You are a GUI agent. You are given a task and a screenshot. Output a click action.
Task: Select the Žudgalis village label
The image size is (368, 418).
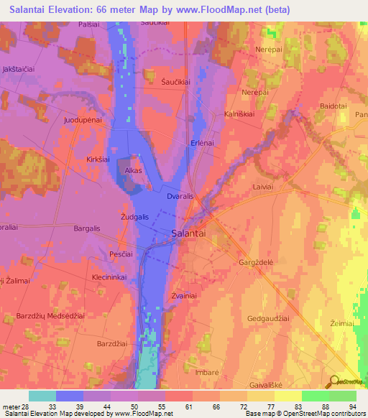click(x=134, y=217)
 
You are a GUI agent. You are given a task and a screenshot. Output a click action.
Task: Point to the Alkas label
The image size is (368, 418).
click(x=134, y=171)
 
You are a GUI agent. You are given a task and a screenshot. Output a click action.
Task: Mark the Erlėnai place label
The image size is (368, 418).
click(x=203, y=143)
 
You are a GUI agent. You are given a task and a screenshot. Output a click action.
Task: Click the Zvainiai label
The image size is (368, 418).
click(x=185, y=296)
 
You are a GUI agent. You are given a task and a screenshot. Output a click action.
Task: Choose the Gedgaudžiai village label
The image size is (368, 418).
click(x=270, y=317)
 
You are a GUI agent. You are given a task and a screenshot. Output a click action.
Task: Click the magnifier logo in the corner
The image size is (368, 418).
click(x=336, y=382)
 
